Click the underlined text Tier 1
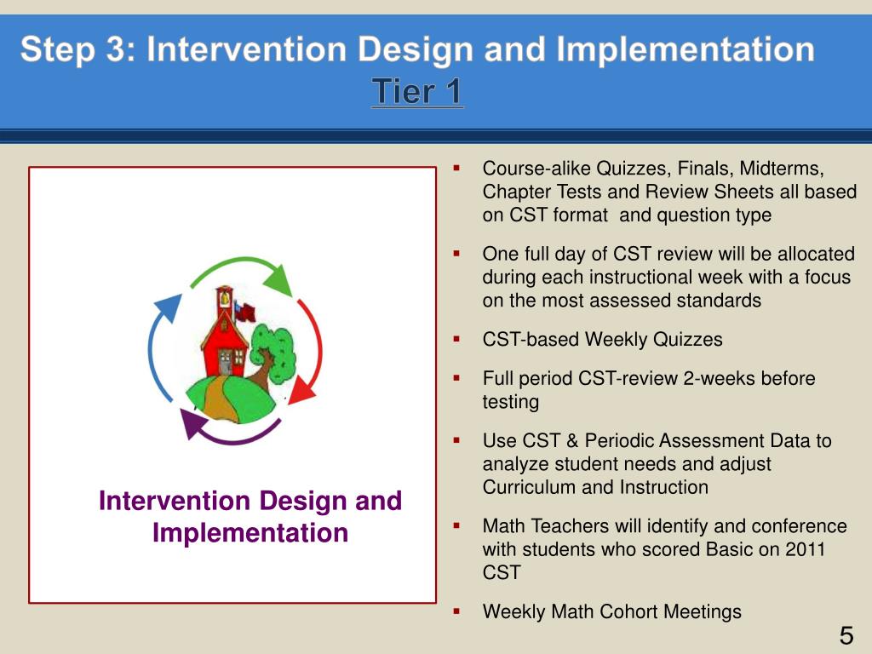[x=417, y=92]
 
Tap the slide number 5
[x=846, y=635]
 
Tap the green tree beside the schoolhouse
[x=272, y=356]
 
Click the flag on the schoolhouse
[x=244, y=312]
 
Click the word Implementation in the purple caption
[x=250, y=533]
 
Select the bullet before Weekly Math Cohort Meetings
[x=456, y=611]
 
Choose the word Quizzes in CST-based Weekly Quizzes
[x=687, y=339]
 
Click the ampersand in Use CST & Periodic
[x=572, y=441]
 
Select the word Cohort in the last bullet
[x=629, y=611]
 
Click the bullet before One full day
[x=456, y=254]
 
